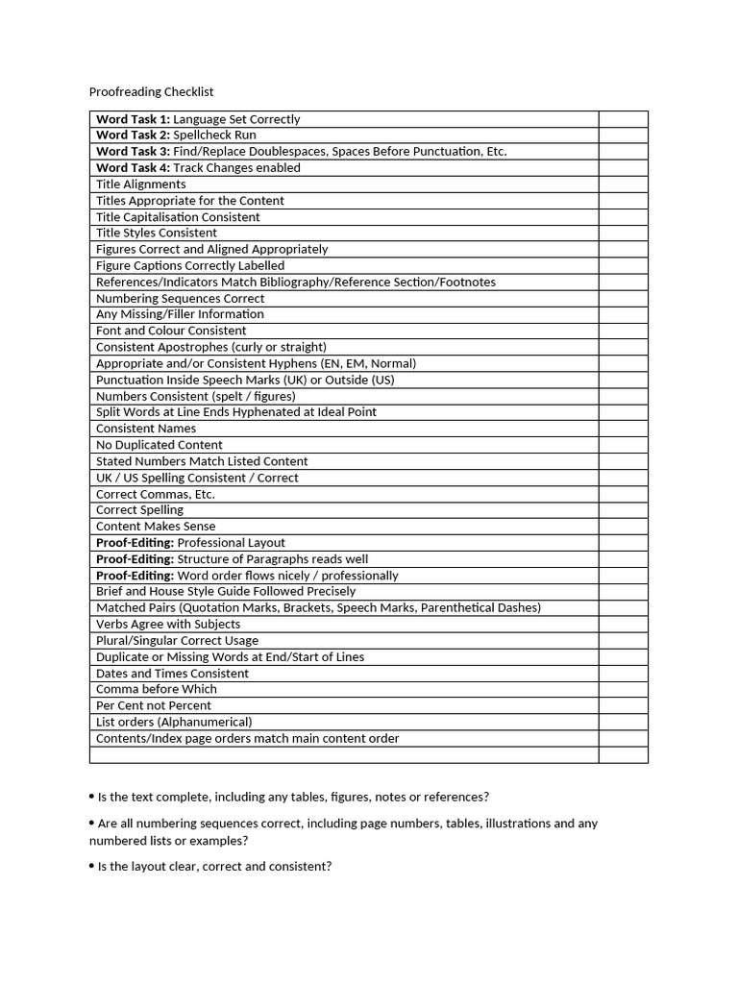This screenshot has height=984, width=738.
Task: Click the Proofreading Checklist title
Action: pyautogui.click(x=151, y=92)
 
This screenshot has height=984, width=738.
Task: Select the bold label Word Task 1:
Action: pyautogui.click(x=133, y=119)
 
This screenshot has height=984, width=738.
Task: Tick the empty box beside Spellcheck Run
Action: pyautogui.click(x=623, y=135)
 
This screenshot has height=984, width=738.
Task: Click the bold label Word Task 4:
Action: pyautogui.click(x=133, y=168)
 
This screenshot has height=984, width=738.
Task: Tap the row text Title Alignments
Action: pyautogui.click(x=141, y=184)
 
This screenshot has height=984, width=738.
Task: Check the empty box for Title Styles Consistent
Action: pyautogui.click(x=623, y=233)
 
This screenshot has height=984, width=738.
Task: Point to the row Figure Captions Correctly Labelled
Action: pyautogui.click(x=190, y=265)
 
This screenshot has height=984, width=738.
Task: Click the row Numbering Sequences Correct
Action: pyautogui.click(x=180, y=298)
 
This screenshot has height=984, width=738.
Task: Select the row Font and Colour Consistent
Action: pyautogui.click(x=171, y=331)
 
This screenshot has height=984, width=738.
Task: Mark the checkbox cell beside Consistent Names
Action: pyautogui.click(x=623, y=429)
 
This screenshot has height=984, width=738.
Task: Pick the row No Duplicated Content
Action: pyautogui.click(x=159, y=445)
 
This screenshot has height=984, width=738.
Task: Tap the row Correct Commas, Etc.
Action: pyautogui.click(x=156, y=494)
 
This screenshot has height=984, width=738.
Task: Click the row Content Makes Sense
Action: pyautogui.click(x=156, y=527)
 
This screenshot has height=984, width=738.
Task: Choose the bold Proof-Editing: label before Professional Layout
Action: pyautogui.click(x=135, y=543)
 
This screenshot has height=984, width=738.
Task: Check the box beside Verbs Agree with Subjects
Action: pyautogui.click(x=623, y=624)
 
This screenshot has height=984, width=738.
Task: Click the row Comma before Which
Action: pyautogui.click(x=157, y=689)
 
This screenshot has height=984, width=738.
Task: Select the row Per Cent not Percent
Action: pyautogui.click(x=154, y=705)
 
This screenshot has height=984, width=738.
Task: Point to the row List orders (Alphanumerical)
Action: pyautogui.click(x=174, y=722)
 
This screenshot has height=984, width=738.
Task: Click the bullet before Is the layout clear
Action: pyautogui.click(x=91, y=865)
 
